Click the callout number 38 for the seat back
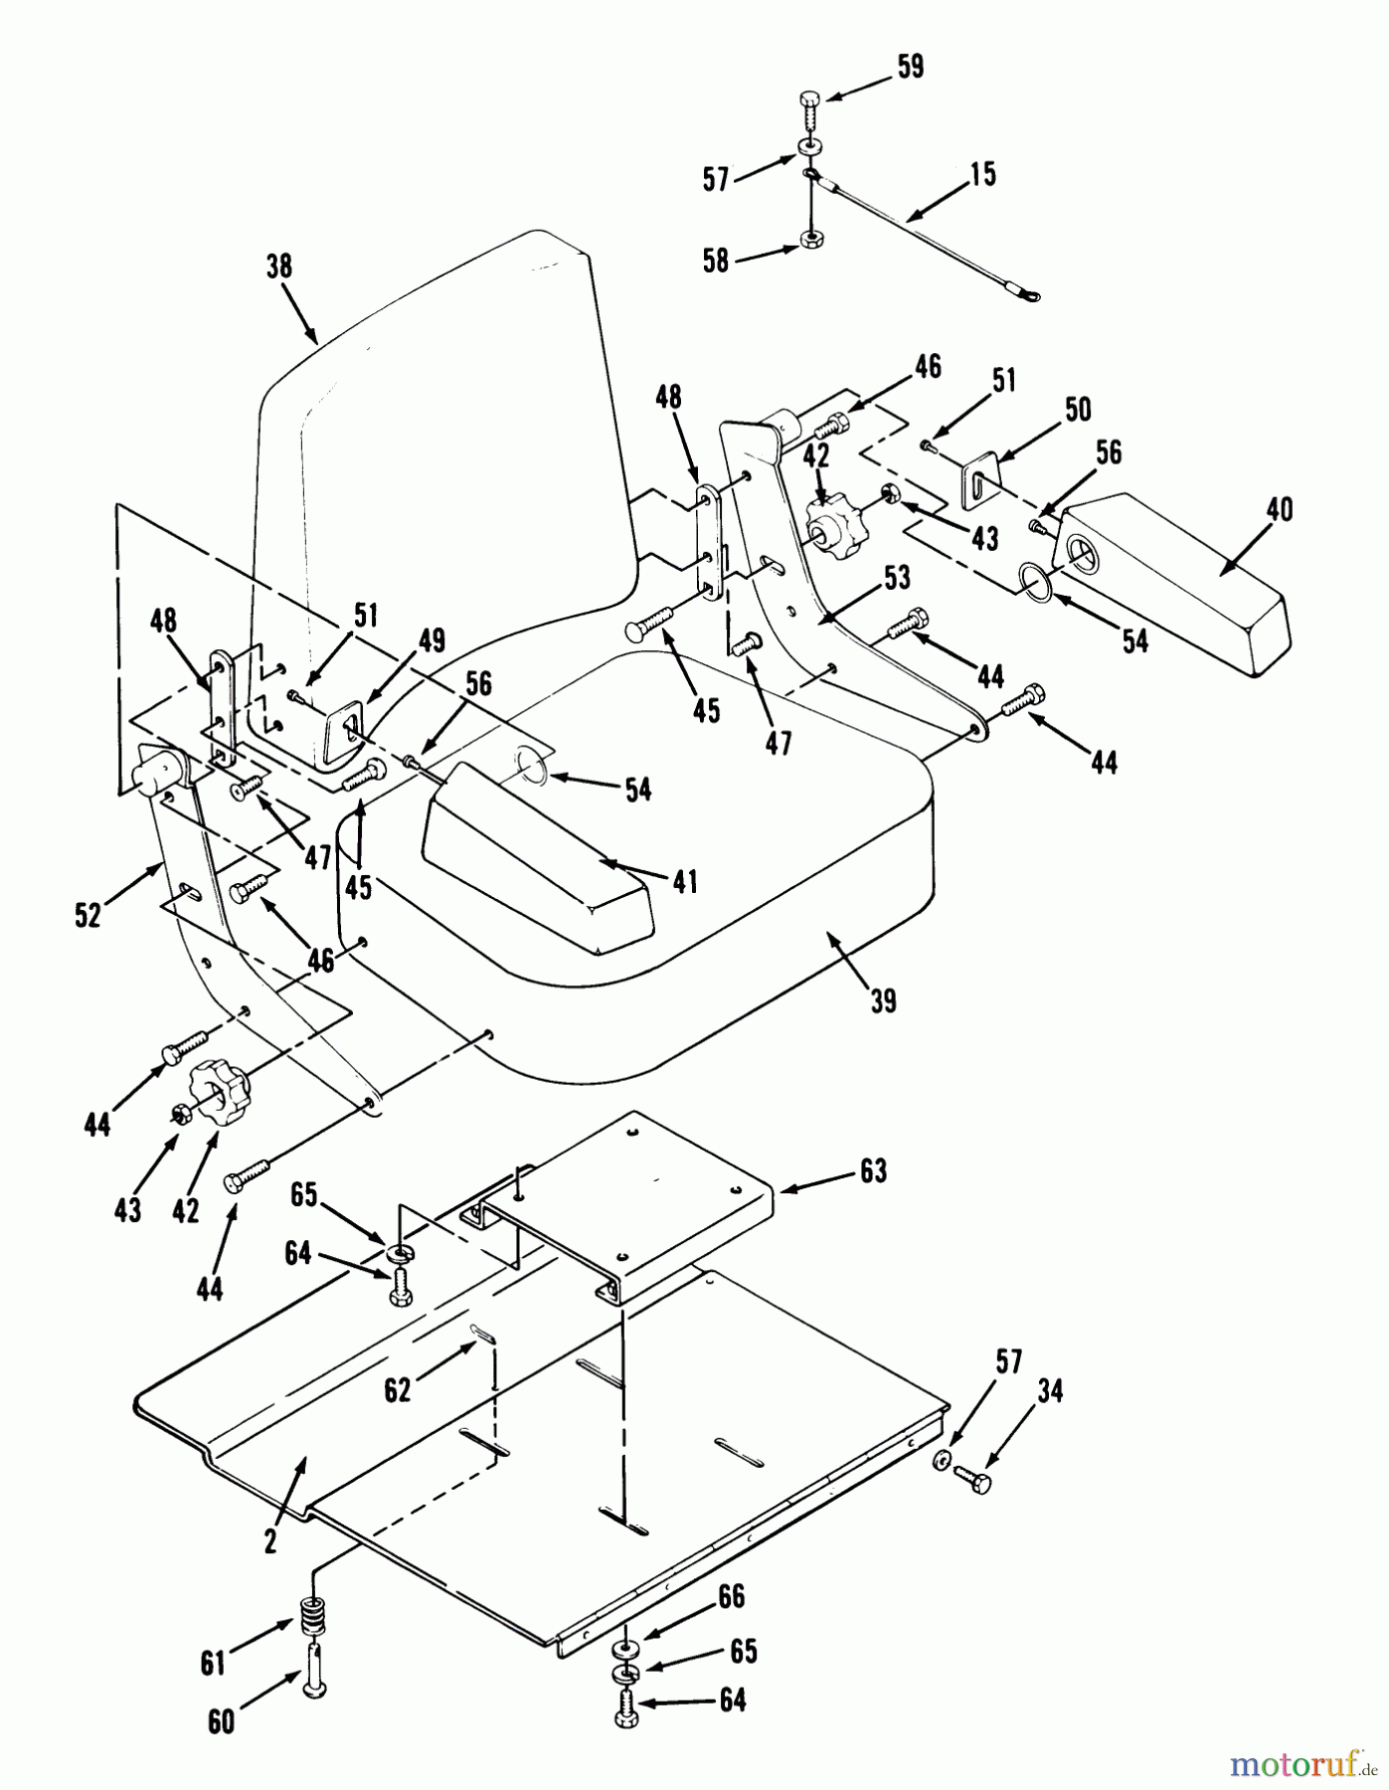pos(280,267)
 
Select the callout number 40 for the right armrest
pos(1280,510)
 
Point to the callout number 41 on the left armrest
pos(684,881)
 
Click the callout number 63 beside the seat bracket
pos(873,1171)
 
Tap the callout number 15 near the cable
pos(983,175)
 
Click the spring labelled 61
pos(315,1611)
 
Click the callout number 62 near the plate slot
pos(398,1389)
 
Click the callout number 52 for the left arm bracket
pos(87,915)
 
